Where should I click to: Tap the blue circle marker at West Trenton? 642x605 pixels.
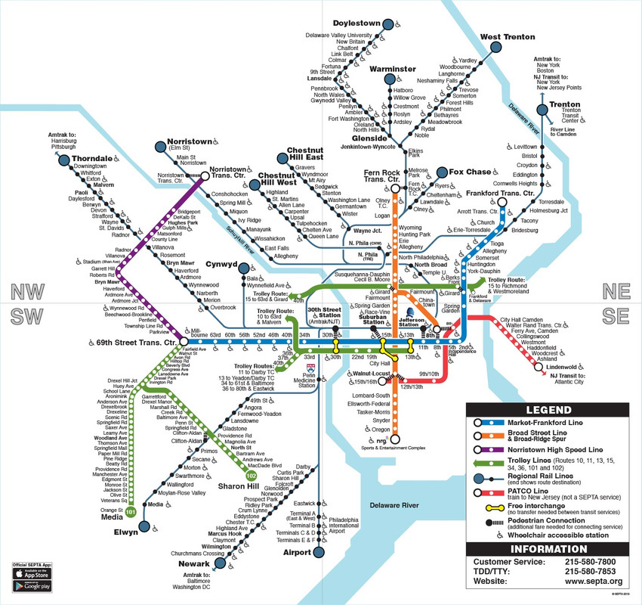[496, 47]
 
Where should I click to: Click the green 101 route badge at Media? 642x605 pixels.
[131, 512]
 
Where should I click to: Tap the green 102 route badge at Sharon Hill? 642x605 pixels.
[251, 476]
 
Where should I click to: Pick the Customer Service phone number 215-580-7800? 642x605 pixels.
[594, 563]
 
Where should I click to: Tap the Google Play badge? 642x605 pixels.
[31, 586]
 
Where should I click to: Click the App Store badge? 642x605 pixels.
[31, 574]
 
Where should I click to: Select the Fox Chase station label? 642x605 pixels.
[469, 172]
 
